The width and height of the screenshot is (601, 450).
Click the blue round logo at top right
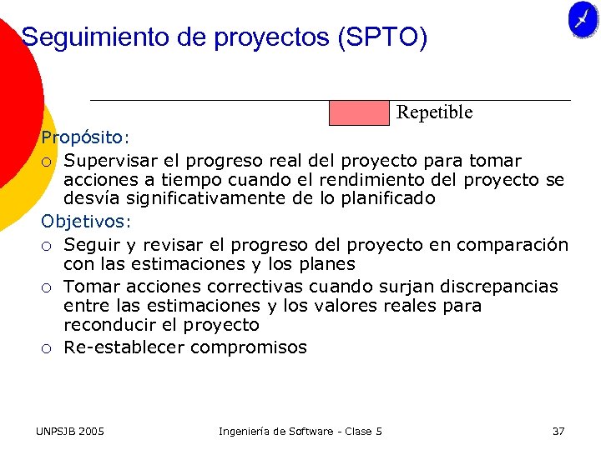583,19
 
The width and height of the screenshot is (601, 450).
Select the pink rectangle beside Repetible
359,112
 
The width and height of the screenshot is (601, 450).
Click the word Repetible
434,112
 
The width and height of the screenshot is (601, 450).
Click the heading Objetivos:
87,222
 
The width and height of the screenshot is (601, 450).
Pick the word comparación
514,245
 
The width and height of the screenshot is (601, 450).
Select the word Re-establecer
124,347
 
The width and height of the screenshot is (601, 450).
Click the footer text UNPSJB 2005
70,431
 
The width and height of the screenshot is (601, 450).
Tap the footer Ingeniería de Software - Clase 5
300,431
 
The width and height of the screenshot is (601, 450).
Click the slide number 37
558,431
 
